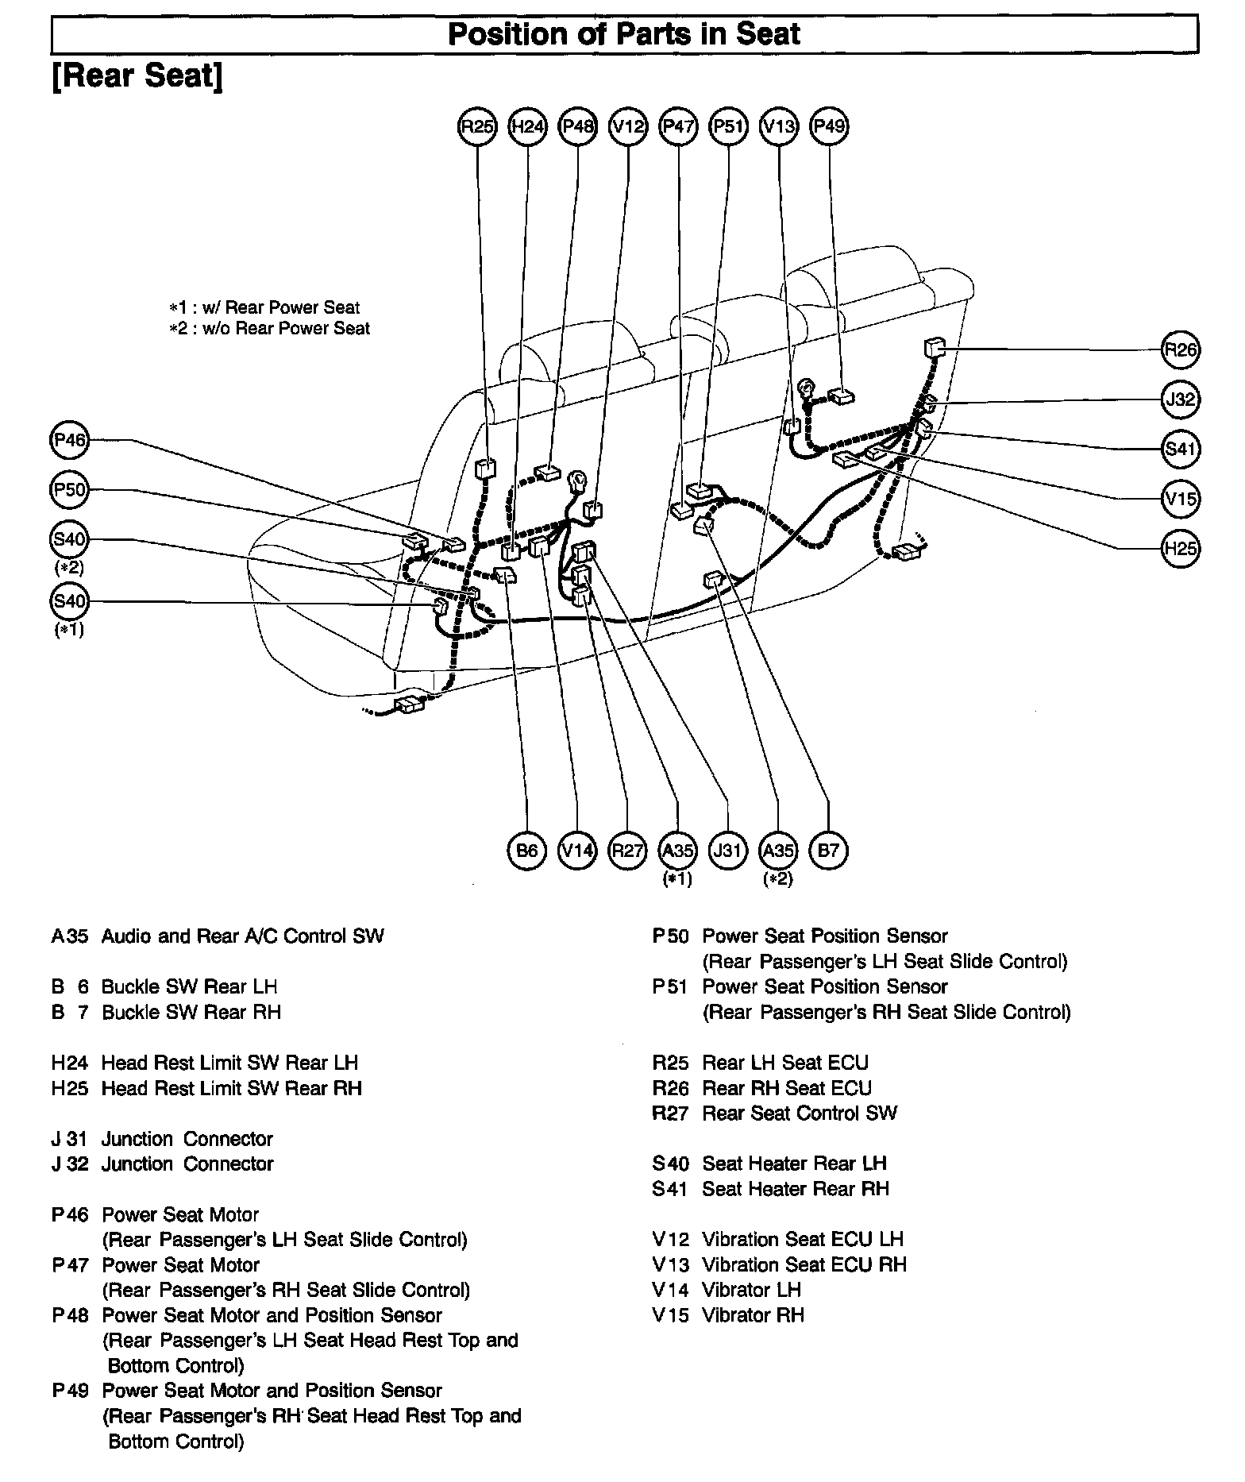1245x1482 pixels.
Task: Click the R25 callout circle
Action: coord(477,125)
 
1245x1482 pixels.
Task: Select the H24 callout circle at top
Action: coord(528,125)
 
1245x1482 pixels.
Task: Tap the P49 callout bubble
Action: coord(829,125)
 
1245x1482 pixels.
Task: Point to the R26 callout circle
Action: coord(1180,349)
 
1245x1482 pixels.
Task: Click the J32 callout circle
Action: coord(1180,399)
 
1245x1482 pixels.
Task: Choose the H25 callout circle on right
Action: coord(1180,549)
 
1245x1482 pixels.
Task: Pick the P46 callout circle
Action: coord(70,440)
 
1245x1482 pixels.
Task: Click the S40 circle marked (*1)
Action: coord(70,601)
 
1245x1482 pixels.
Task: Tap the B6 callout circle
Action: coord(527,851)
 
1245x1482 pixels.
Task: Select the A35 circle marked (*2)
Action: coord(778,851)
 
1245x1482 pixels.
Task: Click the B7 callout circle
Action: coord(828,851)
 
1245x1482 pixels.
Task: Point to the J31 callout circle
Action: coord(727,851)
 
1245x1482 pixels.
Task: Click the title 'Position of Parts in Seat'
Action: coord(624,35)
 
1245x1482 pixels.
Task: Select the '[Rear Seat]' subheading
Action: coord(137,76)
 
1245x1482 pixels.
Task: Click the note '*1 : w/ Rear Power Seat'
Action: coord(264,307)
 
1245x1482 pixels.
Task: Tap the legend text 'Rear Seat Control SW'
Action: coord(799,1113)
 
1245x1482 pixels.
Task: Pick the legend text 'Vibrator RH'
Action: coord(753,1315)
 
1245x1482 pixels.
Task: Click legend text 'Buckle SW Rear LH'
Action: coord(189,986)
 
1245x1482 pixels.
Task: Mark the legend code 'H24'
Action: coord(70,1063)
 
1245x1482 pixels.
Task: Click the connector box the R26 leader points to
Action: coord(935,348)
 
